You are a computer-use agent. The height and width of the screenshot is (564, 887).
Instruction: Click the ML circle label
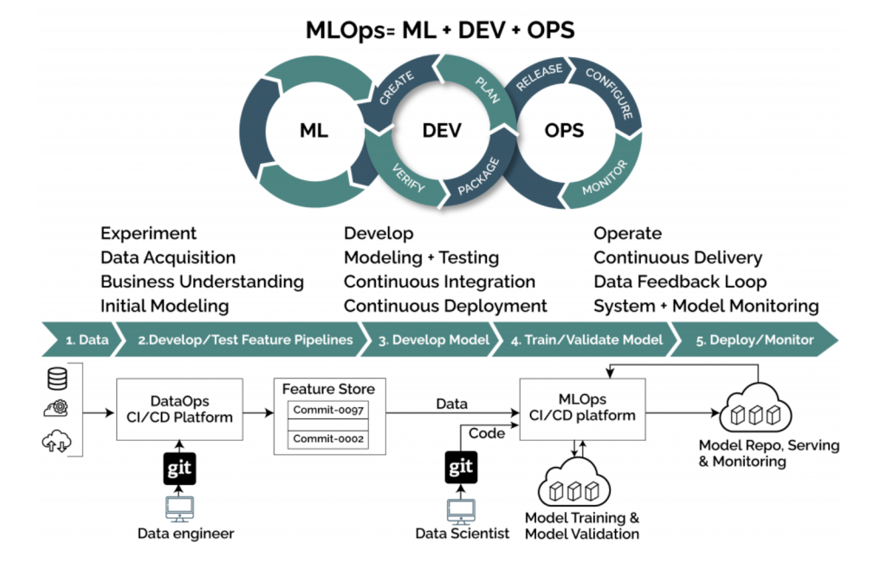coord(313,132)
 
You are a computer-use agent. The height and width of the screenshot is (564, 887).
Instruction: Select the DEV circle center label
coord(442,132)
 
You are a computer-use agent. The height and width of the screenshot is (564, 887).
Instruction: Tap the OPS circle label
coord(564,132)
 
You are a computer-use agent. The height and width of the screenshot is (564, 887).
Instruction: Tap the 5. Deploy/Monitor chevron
coord(754,340)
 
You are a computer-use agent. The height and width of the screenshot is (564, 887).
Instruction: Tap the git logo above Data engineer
coord(179,468)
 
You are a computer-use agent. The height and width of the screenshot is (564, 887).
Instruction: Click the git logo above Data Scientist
coord(460,468)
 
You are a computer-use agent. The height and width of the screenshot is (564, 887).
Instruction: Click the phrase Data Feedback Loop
coord(680,282)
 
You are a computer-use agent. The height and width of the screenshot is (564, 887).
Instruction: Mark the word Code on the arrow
coord(487,433)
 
